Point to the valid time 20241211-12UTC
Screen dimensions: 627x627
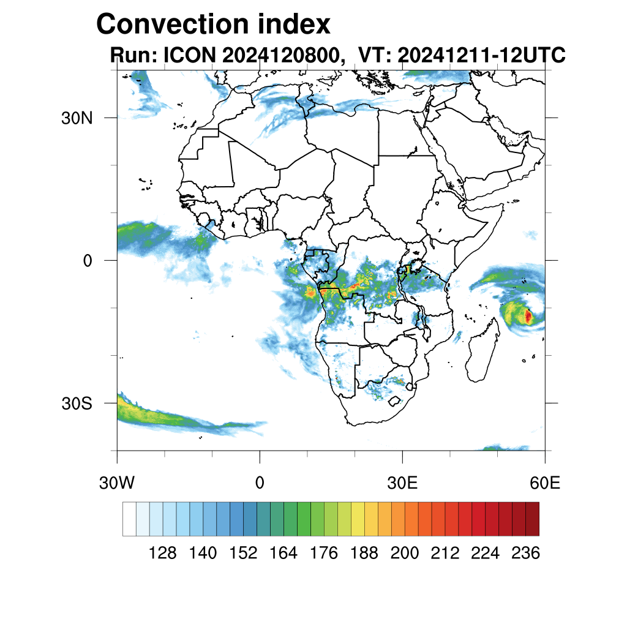coord(481,56)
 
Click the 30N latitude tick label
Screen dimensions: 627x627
coord(77,118)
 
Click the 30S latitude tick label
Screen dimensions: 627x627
coord(77,404)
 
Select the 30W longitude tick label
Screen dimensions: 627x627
coord(116,483)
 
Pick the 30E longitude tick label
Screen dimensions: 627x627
coord(402,483)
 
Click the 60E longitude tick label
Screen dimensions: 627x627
coord(544,483)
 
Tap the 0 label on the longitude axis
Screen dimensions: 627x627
coord(260,483)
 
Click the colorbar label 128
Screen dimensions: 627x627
coord(163,554)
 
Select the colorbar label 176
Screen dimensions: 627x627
coord(324,554)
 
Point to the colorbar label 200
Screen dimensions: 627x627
coord(405,554)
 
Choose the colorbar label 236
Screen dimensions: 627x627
coord(525,554)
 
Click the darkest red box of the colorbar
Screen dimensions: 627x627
coord(532,519)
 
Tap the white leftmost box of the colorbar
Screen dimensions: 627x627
coord(129,519)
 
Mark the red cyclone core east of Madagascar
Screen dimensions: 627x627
coord(528,317)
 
